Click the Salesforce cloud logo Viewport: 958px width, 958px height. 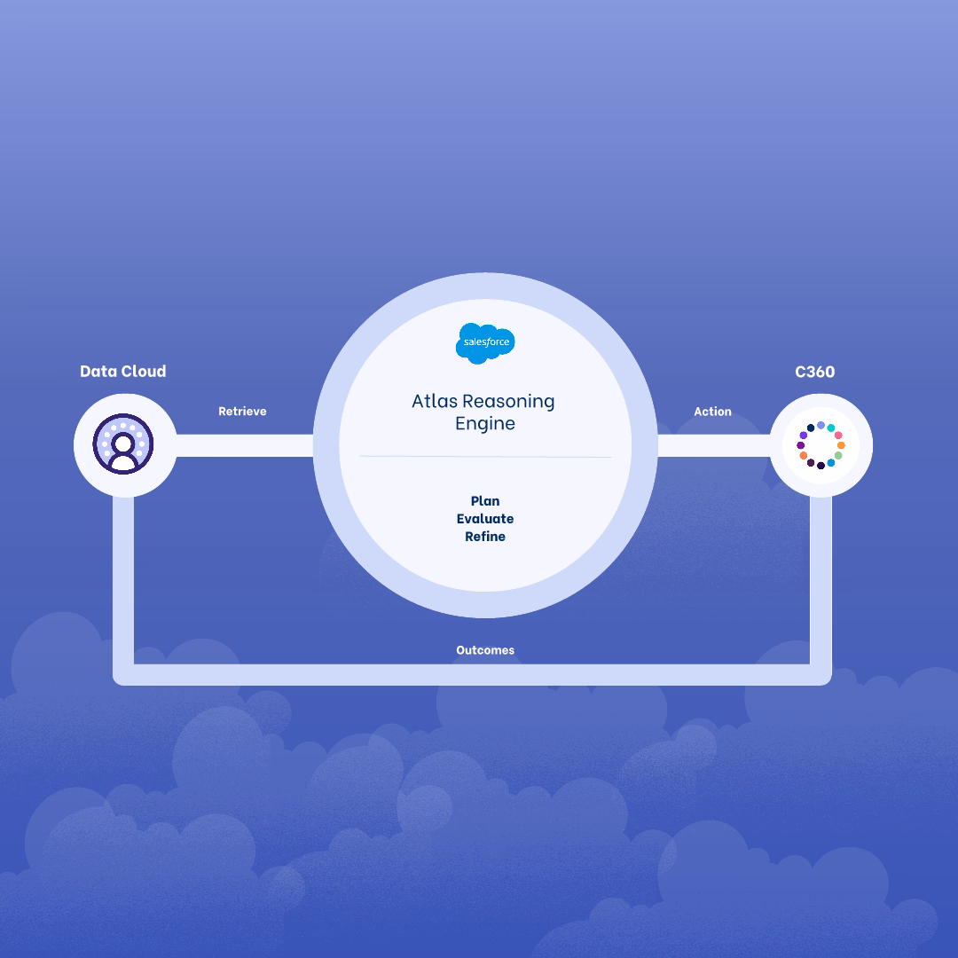click(485, 342)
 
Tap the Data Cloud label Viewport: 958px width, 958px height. click(122, 372)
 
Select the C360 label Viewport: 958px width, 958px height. click(814, 372)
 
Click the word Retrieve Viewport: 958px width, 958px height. click(242, 412)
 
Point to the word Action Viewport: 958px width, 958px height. click(712, 412)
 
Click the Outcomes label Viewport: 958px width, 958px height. click(485, 650)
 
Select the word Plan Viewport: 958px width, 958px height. click(485, 501)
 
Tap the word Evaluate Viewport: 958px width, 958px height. click(485, 519)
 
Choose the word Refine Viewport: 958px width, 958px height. click(485, 537)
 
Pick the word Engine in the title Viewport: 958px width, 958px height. click(485, 424)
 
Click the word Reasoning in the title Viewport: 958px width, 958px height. click(508, 401)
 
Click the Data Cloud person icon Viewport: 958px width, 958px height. click(123, 444)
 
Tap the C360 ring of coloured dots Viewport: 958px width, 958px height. click(821, 445)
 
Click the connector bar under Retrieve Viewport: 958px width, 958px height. click(244, 445)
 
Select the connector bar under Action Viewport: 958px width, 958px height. click(713, 445)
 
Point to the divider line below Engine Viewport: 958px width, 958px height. click(485, 457)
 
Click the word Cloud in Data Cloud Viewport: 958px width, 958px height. click(143, 372)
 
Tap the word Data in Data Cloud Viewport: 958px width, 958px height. click(98, 372)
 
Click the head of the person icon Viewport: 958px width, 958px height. click(123, 442)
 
